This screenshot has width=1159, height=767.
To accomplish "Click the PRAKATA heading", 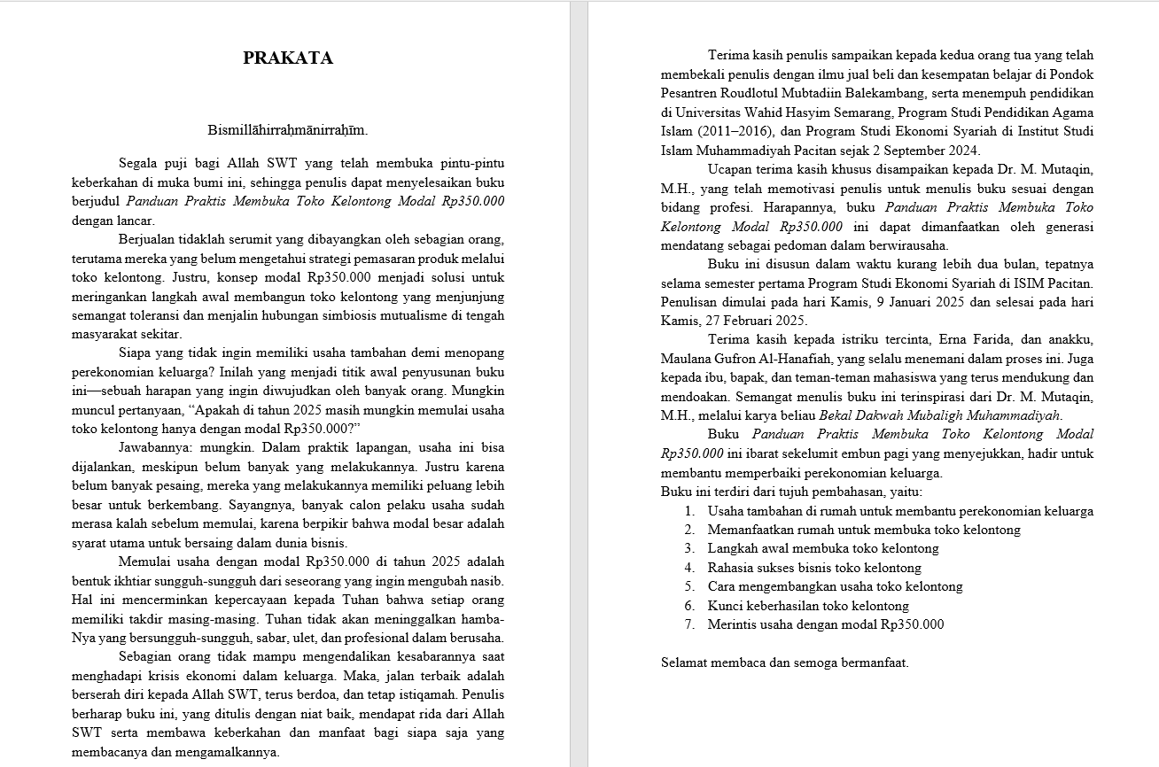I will pos(288,58).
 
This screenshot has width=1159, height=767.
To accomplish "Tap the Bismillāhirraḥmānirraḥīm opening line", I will pos(288,130).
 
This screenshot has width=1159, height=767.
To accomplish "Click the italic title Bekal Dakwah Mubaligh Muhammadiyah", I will pos(940,415).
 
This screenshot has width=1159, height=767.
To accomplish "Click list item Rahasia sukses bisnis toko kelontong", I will pos(814,568).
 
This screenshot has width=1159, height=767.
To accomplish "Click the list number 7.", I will pos(688,624).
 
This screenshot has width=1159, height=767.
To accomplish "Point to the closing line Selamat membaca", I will pos(784,662).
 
